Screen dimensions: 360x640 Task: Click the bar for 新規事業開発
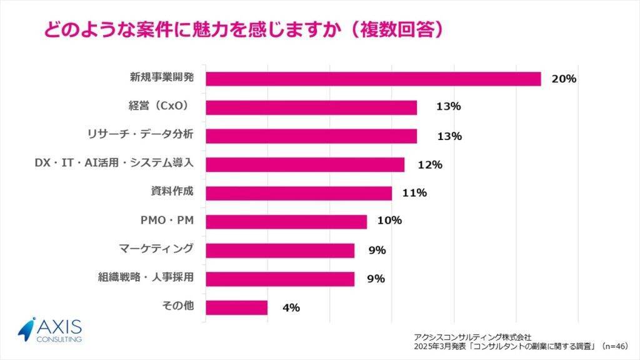[372, 79]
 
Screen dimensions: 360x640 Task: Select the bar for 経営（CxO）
[311, 107]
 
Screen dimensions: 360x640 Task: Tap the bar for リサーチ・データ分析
[311, 136]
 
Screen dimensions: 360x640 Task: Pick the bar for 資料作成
[298, 193]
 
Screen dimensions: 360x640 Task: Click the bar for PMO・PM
[286, 222]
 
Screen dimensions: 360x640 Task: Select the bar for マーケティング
[279, 251]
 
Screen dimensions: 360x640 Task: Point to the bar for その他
[236, 307]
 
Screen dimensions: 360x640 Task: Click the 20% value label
[564, 79]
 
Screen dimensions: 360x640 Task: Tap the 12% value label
[431, 165]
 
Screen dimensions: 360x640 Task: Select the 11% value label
[415, 193]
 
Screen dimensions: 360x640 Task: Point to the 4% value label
[291, 307]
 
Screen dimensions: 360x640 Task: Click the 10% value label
[389, 221]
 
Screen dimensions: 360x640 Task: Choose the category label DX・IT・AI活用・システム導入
[114, 163]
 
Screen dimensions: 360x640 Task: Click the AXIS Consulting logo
[50, 330]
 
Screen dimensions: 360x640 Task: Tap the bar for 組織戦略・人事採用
[279, 279]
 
